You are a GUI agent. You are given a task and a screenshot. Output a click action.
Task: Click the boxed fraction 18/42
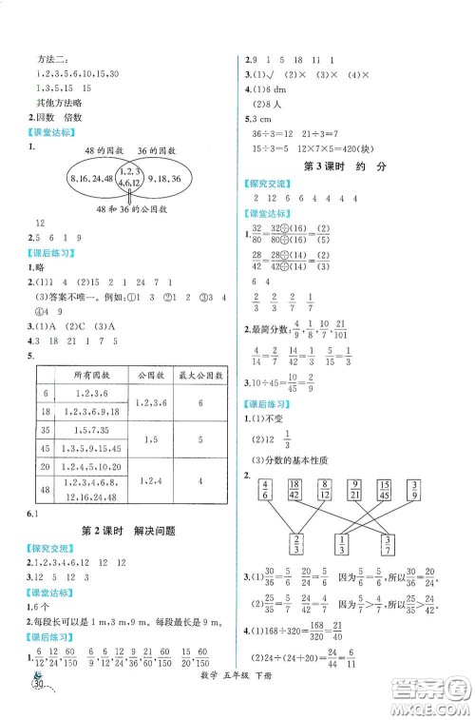click(294, 490)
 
